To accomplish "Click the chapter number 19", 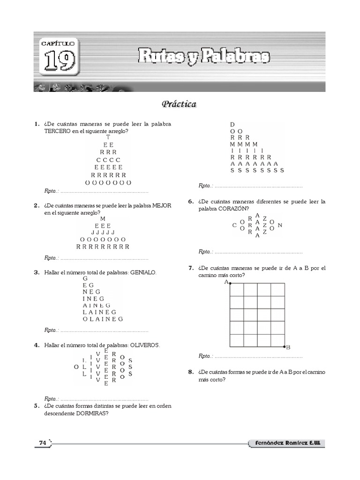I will pyautogui.click(x=60, y=60).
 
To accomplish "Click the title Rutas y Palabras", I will pyautogui.click(x=203, y=57).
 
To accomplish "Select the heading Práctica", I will pyautogui.click(x=179, y=104).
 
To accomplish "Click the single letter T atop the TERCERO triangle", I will pyautogui.click(x=108, y=137).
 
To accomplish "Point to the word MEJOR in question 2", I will pyautogui.click(x=162, y=206).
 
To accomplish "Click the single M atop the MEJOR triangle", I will pyautogui.click(x=103, y=219).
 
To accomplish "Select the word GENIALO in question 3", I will pyautogui.click(x=142, y=272).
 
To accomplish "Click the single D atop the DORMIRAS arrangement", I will pyautogui.click(x=232, y=124).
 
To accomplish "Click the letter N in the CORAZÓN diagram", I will pyautogui.click(x=280, y=225).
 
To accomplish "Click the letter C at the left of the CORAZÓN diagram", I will pyautogui.click(x=234, y=225).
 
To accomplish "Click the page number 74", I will pyautogui.click(x=42, y=443).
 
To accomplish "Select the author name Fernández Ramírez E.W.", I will pyautogui.click(x=286, y=443).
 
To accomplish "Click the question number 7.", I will pyautogui.click(x=191, y=268).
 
